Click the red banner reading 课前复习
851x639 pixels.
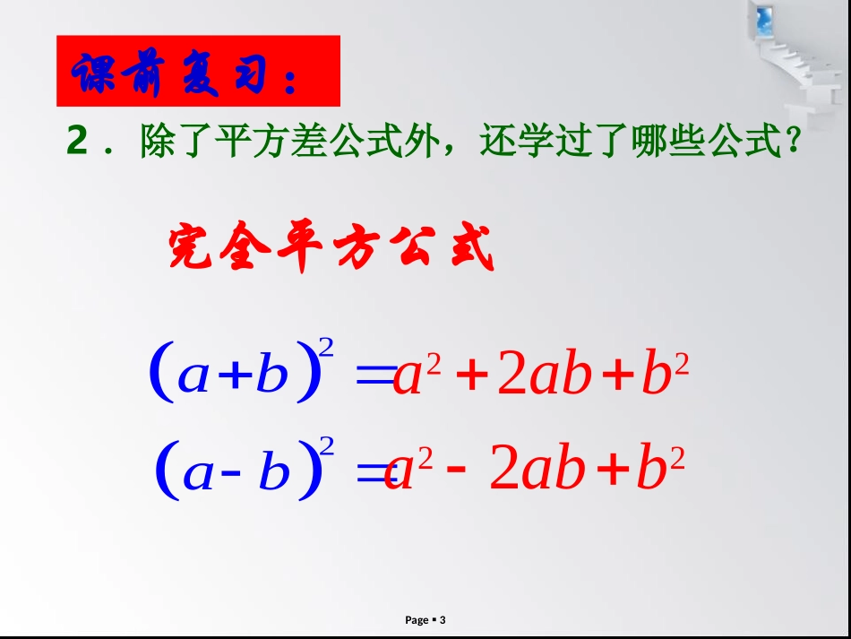point(198,72)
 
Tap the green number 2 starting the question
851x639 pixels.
point(78,142)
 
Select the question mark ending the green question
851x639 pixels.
point(789,142)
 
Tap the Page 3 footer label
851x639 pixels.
point(425,620)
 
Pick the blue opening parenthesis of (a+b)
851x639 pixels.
point(161,375)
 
